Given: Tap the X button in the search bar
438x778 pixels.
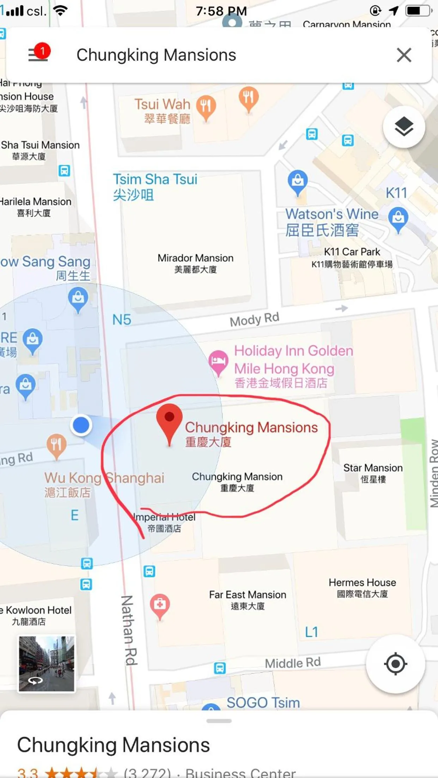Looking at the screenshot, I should [x=404, y=55].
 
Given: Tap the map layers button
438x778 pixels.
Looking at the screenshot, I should [x=404, y=127].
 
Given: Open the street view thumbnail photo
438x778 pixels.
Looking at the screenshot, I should [x=47, y=664].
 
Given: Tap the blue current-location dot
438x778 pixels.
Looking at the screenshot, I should [x=81, y=425].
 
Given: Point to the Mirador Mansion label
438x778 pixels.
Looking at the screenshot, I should [x=195, y=263].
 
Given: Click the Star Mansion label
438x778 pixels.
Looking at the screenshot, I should [x=373, y=473].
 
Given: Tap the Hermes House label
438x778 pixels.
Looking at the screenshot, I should [x=362, y=587].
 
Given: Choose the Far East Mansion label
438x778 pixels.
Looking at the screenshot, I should [x=248, y=600].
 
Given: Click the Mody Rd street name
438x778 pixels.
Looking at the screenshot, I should [x=254, y=319].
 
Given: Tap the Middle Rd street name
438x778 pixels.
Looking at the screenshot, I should [x=293, y=663].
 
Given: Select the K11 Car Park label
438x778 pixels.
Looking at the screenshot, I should [x=352, y=257].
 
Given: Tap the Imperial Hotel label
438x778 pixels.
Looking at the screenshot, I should [x=165, y=522].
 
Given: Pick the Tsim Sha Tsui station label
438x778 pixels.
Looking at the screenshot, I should [x=155, y=186].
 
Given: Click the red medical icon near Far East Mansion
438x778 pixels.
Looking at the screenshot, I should [x=160, y=604].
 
